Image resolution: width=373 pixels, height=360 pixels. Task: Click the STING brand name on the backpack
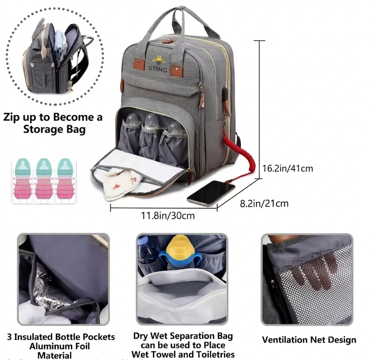pyautogui.click(x=158, y=69)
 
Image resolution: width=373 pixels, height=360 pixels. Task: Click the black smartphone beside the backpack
pyautogui.click(x=211, y=193)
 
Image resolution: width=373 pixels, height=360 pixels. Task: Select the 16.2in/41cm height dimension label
pyautogui.click(x=288, y=169)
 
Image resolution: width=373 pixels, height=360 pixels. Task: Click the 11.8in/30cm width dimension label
pyautogui.click(x=168, y=216)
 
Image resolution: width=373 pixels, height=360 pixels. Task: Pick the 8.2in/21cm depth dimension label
pyautogui.click(x=264, y=204)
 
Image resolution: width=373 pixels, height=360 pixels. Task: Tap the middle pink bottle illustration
pyautogui.click(x=44, y=179)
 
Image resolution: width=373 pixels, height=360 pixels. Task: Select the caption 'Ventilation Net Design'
pyautogui.click(x=309, y=340)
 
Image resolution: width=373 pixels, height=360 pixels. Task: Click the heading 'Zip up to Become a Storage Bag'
pyautogui.click(x=53, y=123)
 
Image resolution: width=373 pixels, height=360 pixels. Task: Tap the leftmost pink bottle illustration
pyautogui.click(x=23, y=179)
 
